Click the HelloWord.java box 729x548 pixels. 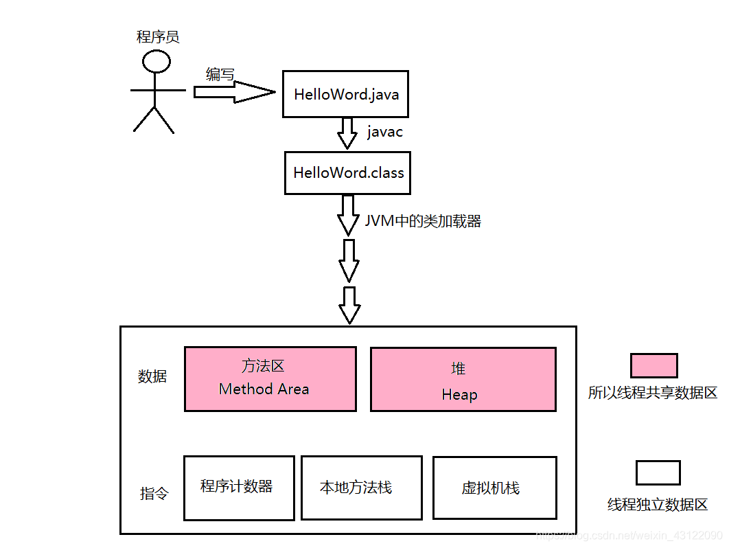point(345,94)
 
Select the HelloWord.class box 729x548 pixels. point(348,172)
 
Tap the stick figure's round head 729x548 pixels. point(157,62)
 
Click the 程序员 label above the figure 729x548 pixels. point(158,37)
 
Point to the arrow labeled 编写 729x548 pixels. point(233,92)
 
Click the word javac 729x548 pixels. point(384,132)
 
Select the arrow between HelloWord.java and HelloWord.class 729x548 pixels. point(347,133)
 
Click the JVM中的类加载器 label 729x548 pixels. point(423,221)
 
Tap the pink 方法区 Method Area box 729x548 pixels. point(270,378)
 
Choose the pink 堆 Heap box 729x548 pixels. point(463,379)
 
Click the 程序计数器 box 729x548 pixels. point(239,488)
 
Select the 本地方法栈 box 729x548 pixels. point(361,488)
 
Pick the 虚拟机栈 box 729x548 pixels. point(494,488)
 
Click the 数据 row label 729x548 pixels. point(152,376)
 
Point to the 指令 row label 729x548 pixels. point(154,494)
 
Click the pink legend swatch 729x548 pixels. point(653,365)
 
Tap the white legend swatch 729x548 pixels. point(657,472)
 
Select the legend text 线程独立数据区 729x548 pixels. point(657,505)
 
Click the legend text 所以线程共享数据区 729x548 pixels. point(652,393)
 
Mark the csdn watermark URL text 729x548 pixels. point(627,535)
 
